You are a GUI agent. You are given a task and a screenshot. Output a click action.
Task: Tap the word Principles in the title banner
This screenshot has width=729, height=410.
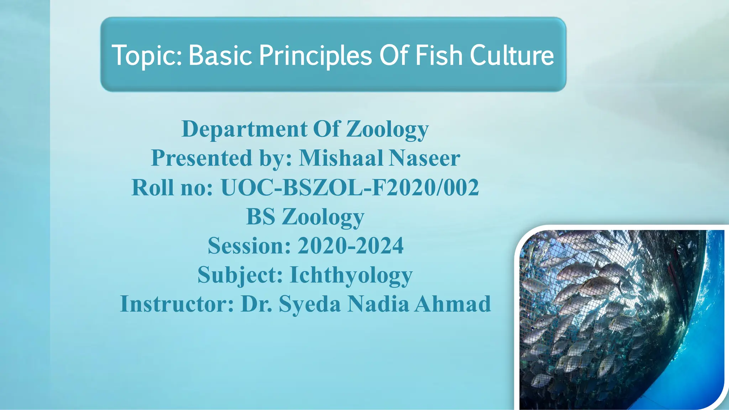click(x=315, y=56)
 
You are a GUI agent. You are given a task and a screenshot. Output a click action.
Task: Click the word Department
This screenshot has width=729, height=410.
click(x=244, y=129)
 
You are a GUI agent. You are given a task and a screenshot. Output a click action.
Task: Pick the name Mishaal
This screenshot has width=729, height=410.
click(x=340, y=158)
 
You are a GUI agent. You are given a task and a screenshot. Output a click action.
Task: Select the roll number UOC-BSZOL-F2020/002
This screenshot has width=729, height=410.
click(x=350, y=188)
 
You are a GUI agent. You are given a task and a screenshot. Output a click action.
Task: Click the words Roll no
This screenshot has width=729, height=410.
click(x=172, y=188)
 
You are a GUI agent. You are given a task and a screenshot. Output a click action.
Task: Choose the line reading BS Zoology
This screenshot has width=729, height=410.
click(x=305, y=217)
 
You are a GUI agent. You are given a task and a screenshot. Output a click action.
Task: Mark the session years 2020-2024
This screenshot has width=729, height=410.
click(x=351, y=246)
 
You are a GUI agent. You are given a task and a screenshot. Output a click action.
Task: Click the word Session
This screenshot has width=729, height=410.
click(x=249, y=246)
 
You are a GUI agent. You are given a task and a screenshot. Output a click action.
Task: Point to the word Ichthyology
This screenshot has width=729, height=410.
click(x=351, y=275)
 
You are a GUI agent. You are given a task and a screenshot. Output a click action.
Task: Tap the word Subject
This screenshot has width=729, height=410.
click(x=240, y=275)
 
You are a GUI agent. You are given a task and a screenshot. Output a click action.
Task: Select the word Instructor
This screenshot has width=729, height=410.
click(x=177, y=304)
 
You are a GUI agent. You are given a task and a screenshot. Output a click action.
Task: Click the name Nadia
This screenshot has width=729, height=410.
click(x=378, y=304)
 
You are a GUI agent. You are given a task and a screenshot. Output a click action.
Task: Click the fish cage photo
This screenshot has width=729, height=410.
click(x=621, y=319)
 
